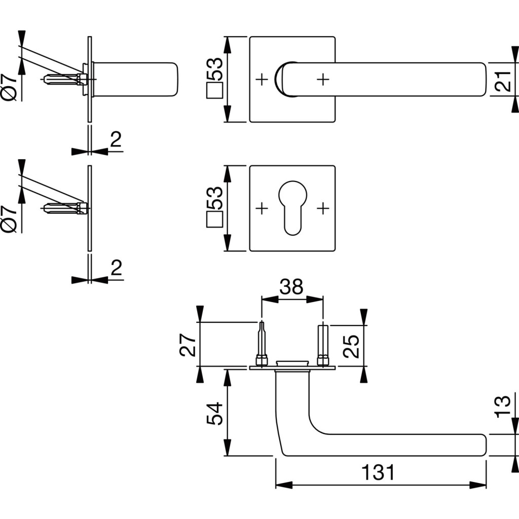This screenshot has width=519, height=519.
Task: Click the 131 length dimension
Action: (378, 472)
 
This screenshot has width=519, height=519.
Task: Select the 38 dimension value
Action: (291, 287)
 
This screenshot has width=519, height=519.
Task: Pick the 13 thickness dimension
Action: (502, 407)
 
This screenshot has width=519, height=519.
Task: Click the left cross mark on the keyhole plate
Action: (262, 208)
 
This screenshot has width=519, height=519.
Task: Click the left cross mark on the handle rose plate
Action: (262, 79)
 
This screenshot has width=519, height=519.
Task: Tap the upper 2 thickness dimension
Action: (116, 139)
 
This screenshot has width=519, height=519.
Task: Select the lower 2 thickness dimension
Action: (116, 267)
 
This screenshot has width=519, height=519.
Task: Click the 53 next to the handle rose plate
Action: (215, 69)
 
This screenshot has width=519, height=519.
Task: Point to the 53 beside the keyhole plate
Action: (215, 198)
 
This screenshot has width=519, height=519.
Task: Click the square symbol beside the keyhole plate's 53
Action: (215, 221)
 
